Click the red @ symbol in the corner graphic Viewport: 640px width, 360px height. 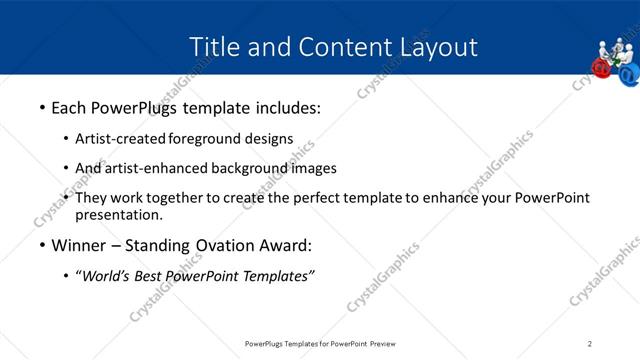tap(601, 67)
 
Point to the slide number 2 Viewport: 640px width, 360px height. tap(590, 344)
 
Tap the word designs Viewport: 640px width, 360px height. tap(270, 139)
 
